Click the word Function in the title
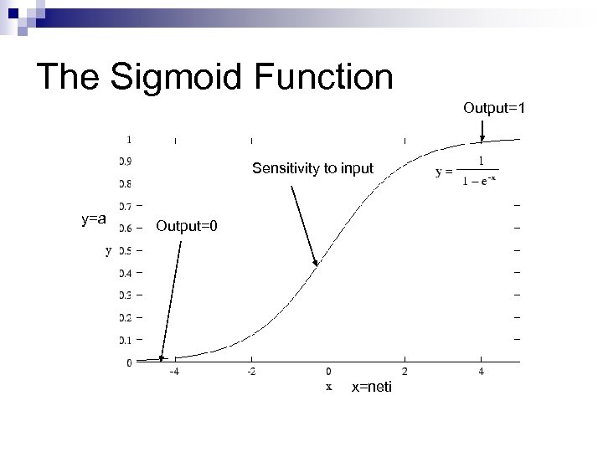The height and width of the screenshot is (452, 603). click(x=326, y=77)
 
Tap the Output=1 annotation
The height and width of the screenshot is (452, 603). click(x=495, y=108)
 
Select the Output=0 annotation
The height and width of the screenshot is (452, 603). click(x=186, y=226)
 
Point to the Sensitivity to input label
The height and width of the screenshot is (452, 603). click(x=312, y=169)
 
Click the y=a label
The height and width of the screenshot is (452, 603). click(x=93, y=219)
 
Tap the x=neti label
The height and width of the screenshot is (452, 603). click(x=371, y=387)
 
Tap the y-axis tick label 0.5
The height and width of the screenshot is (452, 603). click(x=124, y=250)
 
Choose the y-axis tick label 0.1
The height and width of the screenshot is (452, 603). click(x=124, y=340)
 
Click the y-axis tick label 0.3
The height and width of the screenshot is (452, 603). click(x=124, y=295)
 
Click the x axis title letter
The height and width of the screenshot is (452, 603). click(x=329, y=387)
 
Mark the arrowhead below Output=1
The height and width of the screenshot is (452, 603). click(x=482, y=137)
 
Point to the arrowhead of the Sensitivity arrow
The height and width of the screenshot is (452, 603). click(x=317, y=263)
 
